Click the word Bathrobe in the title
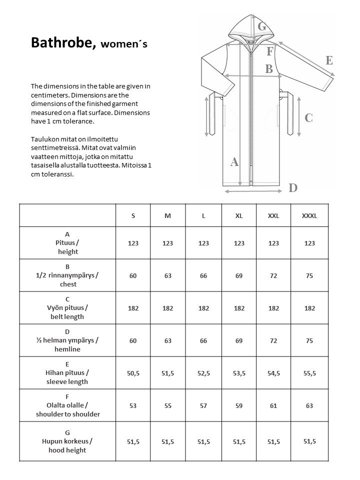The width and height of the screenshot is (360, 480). click(62, 43)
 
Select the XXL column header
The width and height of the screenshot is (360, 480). click(273, 215)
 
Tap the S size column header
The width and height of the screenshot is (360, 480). click(133, 215)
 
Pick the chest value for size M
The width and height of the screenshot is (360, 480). click(167, 275)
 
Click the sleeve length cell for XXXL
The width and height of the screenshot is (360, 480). click(309, 373)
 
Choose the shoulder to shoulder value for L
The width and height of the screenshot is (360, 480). click(203, 405)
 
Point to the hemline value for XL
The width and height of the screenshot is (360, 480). click(239, 340)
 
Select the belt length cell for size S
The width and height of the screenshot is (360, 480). click(133, 308)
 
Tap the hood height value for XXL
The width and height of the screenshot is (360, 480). click(273, 441)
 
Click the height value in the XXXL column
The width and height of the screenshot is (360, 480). click(309, 243)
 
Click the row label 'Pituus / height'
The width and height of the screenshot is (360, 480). click(67, 243)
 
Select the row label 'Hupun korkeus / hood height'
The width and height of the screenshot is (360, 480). click(67, 441)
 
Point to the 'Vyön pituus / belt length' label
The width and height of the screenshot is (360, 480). click(67, 308)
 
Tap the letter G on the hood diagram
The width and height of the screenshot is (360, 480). click(261, 26)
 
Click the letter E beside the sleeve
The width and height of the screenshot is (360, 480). click(329, 60)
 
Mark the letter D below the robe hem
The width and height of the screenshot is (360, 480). click(293, 188)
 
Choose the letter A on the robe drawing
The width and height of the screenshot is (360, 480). click(234, 162)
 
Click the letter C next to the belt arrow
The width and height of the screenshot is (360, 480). click(308, 118)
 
